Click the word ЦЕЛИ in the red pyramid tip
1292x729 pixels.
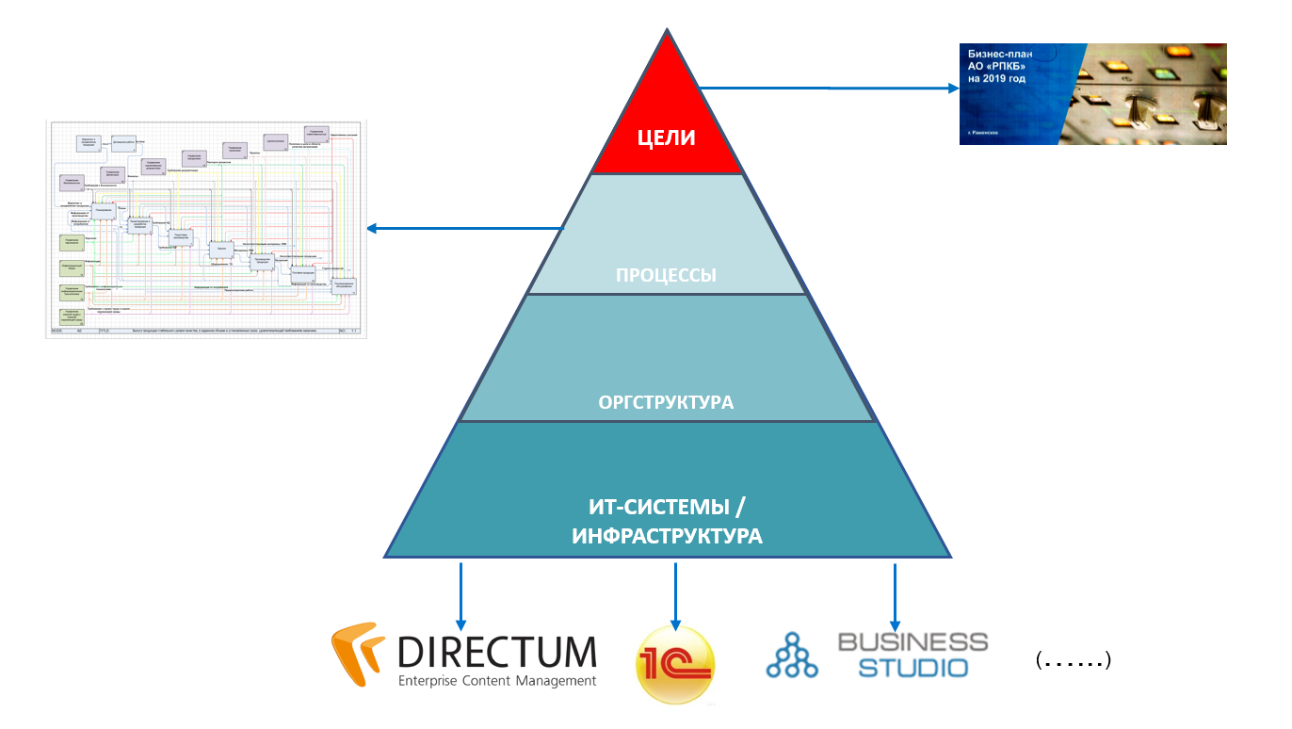666,138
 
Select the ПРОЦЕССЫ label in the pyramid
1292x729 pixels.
666,276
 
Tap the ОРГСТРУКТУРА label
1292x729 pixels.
666,403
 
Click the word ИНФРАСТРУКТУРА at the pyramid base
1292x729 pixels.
667,537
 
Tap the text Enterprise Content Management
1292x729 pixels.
497,681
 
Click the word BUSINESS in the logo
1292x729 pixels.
912,642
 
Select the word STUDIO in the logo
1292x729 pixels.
912,668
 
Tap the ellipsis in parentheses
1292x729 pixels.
1074,660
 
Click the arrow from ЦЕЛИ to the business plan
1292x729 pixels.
829,88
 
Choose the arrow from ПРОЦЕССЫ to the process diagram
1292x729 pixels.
465,228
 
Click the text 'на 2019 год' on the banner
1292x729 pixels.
997,80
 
